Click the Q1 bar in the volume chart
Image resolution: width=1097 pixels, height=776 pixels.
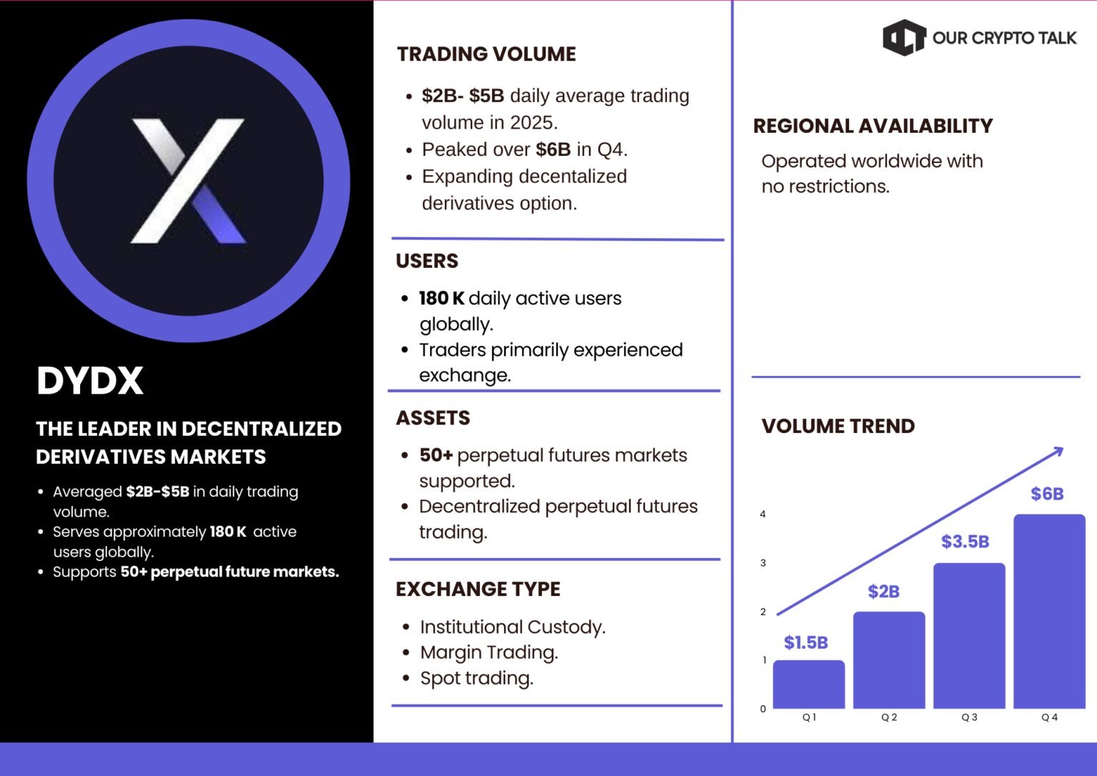(x=808, y=685)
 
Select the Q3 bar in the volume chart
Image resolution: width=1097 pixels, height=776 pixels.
(x=969, y=636)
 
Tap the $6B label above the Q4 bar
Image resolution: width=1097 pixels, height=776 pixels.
(x=1047, y=494)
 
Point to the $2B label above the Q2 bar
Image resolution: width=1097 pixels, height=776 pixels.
(x=883, y=592)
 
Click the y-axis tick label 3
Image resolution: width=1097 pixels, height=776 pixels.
(x=763, y=563)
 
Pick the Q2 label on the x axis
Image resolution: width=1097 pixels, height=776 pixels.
(x=889, y=717)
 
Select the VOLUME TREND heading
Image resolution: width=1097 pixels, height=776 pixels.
(x=838, y=426)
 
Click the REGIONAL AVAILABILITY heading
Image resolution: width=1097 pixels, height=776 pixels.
(x=873, y=126)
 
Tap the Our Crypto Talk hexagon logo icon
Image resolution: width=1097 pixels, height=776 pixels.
(x=904, y=37)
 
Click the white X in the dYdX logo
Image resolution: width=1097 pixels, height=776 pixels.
(x=188, y=180)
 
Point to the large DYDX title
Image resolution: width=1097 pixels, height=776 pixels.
(x=89, y=381)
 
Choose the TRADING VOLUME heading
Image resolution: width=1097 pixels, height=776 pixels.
(x=486, y=54)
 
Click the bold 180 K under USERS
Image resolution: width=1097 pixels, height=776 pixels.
(x=441, y=298)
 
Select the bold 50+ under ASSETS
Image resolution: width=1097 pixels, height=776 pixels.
(x=436, y=455)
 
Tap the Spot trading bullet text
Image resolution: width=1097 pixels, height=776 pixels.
(x=476, y=679)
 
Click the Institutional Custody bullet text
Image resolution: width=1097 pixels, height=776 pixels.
(x=513, y=627)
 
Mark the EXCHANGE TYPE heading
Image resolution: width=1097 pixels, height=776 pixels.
(x=478, y=589)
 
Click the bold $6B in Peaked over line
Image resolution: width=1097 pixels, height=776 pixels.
(x=553, y=149)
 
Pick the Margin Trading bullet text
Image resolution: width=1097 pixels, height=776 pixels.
(x=489, y=652)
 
